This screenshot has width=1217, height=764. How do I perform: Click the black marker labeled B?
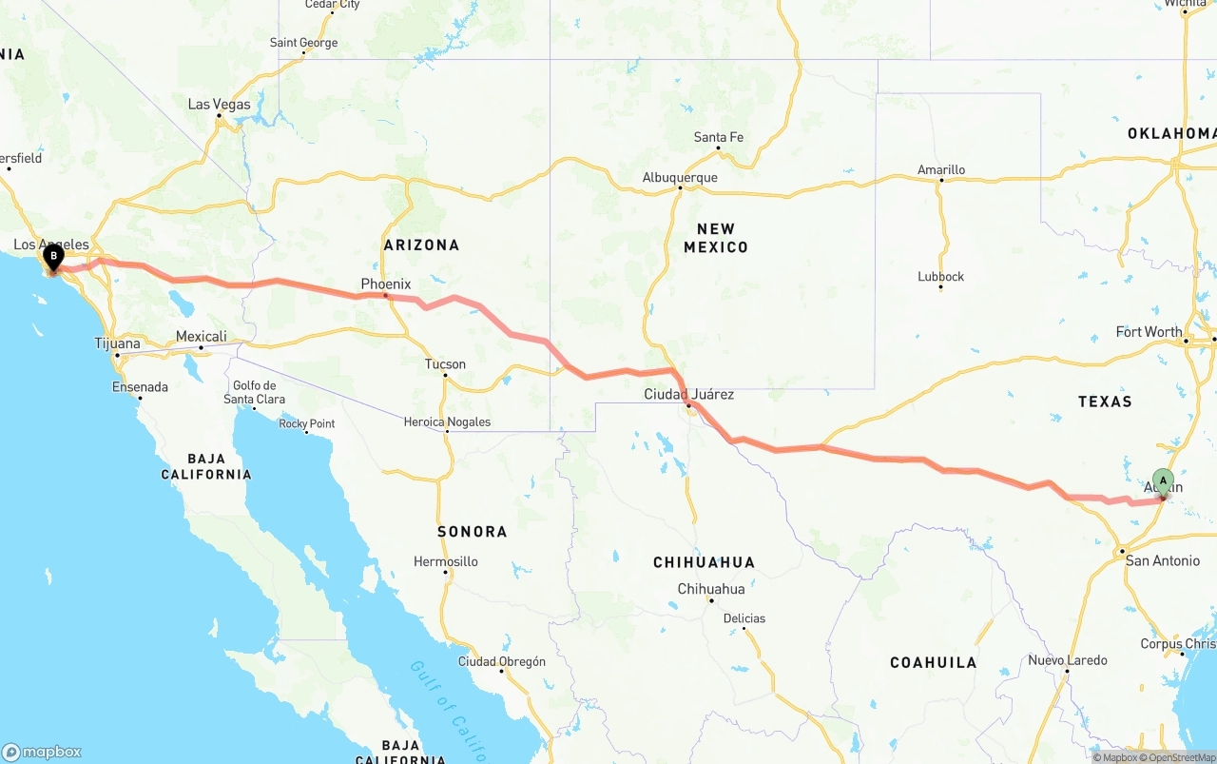53,256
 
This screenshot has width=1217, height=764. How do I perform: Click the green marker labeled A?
1163,481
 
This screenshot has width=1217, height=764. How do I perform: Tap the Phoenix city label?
386,284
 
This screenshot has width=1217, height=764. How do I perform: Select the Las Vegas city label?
220,105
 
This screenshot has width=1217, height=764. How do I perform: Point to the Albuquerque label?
680,178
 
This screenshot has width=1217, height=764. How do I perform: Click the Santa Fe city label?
719,138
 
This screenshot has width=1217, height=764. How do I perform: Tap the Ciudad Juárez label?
689,394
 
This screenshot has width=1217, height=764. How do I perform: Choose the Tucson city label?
445,364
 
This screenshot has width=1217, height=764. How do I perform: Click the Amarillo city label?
941,170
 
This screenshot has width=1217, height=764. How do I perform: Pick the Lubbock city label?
941,277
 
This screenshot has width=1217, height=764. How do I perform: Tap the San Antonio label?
1162,560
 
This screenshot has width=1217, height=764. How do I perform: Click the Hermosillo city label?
446,561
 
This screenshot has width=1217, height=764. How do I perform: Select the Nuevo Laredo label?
1067,660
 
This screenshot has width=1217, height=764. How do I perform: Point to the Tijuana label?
117,343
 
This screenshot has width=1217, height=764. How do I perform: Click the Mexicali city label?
202,337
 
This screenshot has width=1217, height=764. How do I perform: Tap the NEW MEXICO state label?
716,238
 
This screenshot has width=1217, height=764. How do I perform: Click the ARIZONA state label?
421,245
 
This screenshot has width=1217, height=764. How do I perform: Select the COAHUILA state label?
933,662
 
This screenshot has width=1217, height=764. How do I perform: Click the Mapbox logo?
42,752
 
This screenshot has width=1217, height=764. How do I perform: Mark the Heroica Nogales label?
447,421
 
